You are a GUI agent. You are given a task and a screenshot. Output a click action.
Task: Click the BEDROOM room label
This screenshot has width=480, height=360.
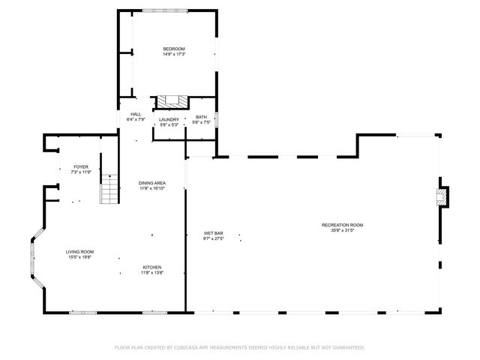click(x=174, y=49)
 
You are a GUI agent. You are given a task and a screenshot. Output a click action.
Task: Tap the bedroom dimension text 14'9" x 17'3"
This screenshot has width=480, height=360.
click(x=174, y=54)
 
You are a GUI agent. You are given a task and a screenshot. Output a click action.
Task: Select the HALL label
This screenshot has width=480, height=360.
click(x=136, y=114)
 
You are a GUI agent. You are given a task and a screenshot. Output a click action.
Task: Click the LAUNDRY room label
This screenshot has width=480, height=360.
click(x=169, y=119)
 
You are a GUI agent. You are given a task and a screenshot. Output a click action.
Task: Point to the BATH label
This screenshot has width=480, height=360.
click(x=201, y=117)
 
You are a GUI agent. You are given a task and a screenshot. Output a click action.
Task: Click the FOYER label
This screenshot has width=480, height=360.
click(x=80, y=166)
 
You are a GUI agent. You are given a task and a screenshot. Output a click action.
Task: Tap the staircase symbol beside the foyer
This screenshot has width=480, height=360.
click(x=110, y=188)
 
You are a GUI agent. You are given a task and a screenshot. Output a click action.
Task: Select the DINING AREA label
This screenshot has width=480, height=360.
click(x=151, y=183)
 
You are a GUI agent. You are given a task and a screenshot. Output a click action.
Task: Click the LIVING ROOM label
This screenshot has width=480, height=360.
click(x=79, y=252)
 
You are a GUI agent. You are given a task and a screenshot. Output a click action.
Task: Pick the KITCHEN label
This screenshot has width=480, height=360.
click(x=152, y=267)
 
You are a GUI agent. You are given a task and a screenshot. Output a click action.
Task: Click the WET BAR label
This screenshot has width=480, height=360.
click(x=214, y=232)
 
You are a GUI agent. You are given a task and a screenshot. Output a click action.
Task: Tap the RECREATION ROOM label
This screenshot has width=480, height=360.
click(x=342, y=225)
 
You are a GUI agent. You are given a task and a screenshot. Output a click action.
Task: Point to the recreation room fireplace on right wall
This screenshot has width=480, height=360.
click(x=442, y=196)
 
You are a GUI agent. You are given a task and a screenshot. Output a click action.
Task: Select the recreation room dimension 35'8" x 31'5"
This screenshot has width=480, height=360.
click(x=342, y=231)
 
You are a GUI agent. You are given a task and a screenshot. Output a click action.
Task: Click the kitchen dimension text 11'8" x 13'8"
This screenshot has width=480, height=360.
click(x=152, y=273)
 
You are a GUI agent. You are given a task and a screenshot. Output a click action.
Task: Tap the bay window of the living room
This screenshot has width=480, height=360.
click(x=33, y=262)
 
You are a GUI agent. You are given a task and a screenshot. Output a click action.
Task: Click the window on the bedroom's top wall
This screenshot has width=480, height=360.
click(x=173, y=10)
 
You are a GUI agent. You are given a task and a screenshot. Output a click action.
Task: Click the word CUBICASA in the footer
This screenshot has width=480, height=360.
click(x=192, y=347)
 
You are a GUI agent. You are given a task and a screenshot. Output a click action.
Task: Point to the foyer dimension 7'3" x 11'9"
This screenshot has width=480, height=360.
click(x=80, y=172)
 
